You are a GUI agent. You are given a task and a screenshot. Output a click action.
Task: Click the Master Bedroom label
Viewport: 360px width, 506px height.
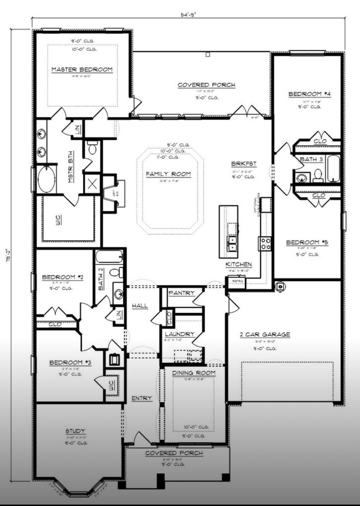(x=82, y=69)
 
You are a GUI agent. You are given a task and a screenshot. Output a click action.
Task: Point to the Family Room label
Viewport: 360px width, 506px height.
(x=168, y=174)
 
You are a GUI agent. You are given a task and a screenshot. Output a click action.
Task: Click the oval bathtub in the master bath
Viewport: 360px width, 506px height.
(x=47, y=179)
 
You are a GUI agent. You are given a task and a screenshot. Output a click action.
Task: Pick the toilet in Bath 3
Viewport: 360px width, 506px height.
(x=318, y=175)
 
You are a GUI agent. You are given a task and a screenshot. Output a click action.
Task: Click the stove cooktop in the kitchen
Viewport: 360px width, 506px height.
(x=265, y=243)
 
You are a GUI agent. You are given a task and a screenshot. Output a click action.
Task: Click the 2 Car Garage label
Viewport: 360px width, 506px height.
(x=265, y=335)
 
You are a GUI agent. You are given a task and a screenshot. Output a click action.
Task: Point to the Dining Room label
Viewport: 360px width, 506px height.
(x=194, y=373)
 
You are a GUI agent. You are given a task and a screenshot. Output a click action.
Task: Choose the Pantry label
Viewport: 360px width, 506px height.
(x=182, y=293)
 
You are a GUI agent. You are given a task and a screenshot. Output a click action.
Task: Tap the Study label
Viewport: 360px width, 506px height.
(x=75, y=431)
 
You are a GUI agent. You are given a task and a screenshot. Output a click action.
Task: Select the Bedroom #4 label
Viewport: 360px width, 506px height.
(x=309, y=94)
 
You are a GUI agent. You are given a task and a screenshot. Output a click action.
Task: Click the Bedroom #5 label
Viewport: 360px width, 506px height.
(x=307, y=242)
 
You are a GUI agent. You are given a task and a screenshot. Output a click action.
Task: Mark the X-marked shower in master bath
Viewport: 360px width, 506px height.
(x=92, y=184)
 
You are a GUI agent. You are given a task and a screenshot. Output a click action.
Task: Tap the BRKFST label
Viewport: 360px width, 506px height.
(x=244, y=164)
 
